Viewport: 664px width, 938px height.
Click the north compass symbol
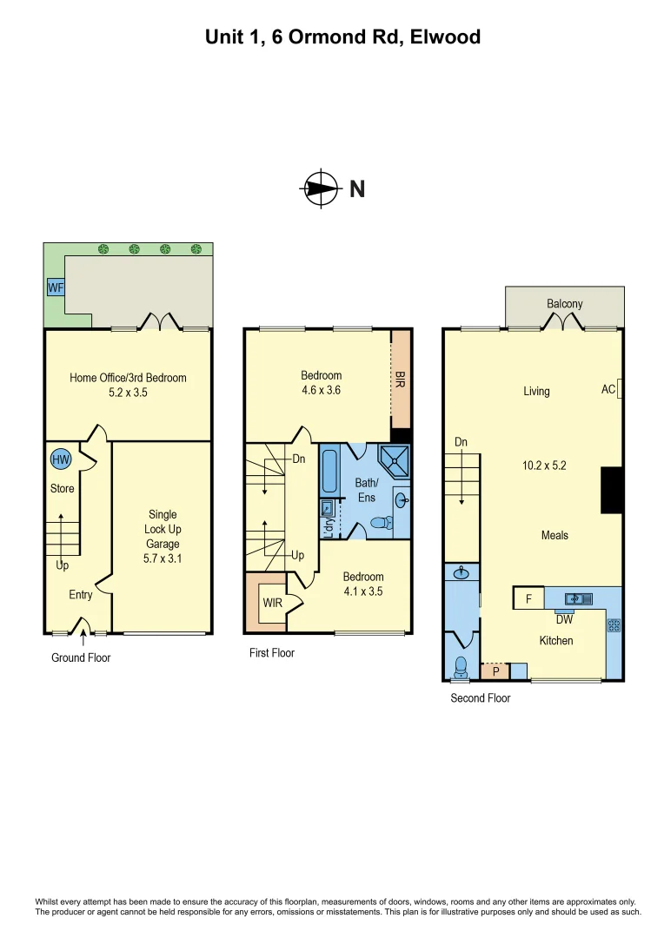point(321,188)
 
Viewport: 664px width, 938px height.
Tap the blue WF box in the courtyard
point(56,287)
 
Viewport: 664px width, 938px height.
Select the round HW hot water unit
point(61,459)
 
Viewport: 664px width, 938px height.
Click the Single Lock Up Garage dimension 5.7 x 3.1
point(163,558)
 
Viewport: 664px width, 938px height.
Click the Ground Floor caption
point(81,657)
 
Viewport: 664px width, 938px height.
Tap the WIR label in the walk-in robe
point(272,603)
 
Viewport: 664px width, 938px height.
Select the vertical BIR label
point(400,380)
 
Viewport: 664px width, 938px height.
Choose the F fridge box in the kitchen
point(528,598)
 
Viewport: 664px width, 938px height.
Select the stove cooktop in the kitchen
point(614,625)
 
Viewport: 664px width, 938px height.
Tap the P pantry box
point(495,671)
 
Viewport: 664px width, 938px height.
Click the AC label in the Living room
point(608,389)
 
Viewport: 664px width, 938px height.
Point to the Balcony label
point(565,304)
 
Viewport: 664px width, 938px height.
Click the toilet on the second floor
point(461,666)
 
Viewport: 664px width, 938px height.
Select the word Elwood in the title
point(445,37)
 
